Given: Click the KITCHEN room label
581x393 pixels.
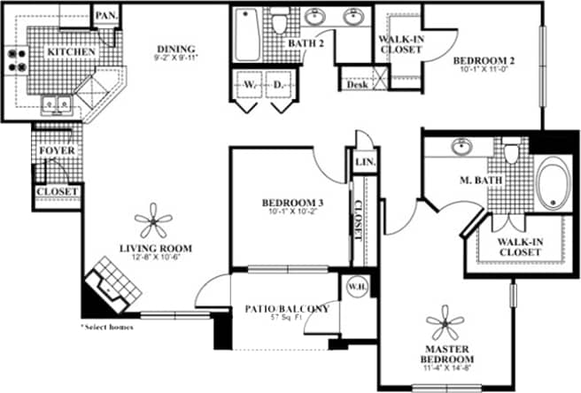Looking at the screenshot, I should click(x=72, y=52).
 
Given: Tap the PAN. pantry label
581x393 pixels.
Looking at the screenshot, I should click(x=106, y=16).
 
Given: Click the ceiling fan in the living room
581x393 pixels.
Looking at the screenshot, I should click(x=155, y=218).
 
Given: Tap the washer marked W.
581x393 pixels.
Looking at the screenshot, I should click(x=248, y=87).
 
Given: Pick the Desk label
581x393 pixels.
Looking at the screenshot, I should click(x=357, y=85).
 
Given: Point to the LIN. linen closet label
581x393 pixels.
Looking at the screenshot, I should click(x=363, y=163).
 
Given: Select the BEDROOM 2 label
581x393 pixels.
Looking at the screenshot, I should click(x=484, y=61).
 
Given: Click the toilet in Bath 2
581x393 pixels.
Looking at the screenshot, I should click(x=280, y=23).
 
